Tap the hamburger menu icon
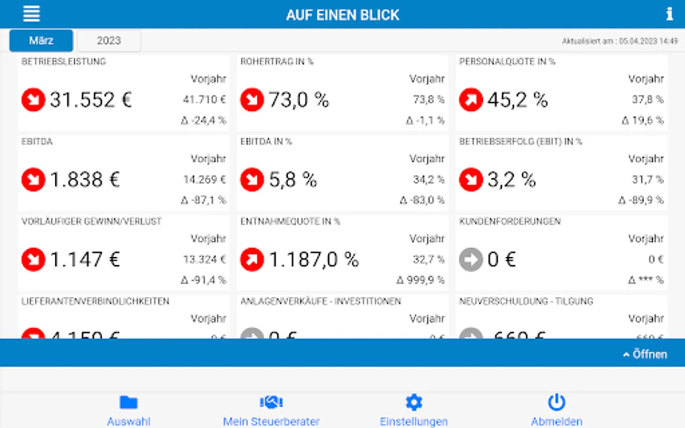click(31, 14)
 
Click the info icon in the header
click(669, 14)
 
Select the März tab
click(41, 40)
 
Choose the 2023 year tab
click(109, 40)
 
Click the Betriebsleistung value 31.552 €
click(90, 100)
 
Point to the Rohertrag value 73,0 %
click(299, 100)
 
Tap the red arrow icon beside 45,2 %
click(471, 100)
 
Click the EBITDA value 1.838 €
click(85, 180)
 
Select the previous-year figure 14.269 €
click(205, 180)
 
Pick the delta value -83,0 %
click(422, 200)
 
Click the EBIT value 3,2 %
click(511, 180)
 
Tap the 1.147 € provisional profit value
click(85, 260)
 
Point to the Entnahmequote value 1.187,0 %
click(313, 260)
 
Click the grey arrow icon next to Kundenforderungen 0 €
click(471, 260)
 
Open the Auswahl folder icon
click(128, 403)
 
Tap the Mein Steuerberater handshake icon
click(271, 403)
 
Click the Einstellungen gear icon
click(414, 403)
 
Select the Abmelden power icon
click(557, 403)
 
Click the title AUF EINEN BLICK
click(342, 15)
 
